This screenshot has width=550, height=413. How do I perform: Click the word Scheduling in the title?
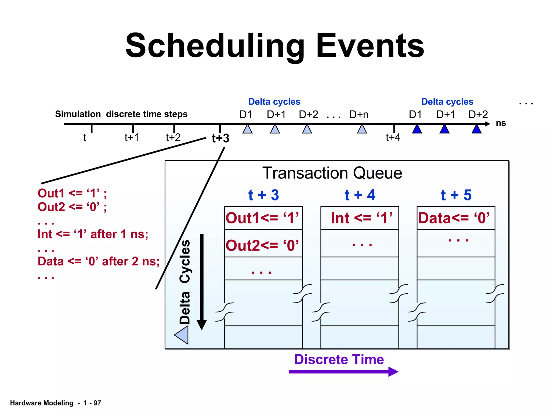[215, 46]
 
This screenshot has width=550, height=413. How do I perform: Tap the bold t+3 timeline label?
[220, 138]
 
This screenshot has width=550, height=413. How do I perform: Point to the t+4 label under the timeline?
[393, 137]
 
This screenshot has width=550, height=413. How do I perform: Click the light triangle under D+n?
[362, 129]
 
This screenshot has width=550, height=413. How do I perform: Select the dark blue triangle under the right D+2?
[476, 129]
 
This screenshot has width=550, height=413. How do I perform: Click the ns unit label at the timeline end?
[501, 123]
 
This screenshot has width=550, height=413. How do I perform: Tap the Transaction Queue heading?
[332, 173]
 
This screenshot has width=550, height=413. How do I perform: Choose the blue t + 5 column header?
[456, 195]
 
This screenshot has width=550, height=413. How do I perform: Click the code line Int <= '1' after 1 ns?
[93, 234]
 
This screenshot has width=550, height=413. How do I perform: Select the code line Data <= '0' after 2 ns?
[99, 261]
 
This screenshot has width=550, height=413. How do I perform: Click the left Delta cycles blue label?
[274, 102]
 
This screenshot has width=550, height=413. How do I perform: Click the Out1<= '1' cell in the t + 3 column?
[262, 218]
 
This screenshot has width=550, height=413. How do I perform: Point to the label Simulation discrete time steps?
[121, 114]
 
